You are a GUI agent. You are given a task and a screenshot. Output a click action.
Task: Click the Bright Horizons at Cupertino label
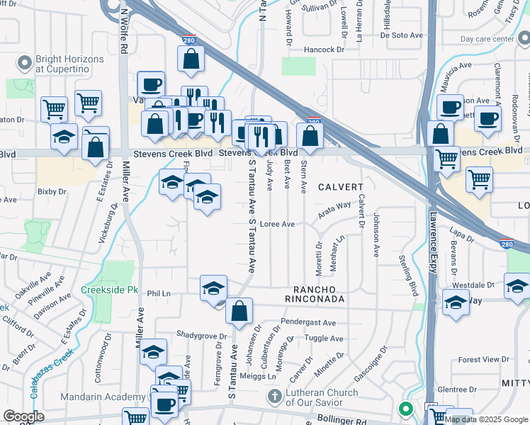[69, 64]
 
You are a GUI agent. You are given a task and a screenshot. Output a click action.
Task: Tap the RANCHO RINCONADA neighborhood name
[319, 294]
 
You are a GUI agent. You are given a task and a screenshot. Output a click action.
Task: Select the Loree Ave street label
[277, 224]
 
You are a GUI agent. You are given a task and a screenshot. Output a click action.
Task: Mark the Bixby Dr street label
[52, 191]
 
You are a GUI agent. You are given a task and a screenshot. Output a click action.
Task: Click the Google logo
[23, 416]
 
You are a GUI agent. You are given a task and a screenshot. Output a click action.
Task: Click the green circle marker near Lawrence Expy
[405, 409]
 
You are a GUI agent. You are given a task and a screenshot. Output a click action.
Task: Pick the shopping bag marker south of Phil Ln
[239, 311]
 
